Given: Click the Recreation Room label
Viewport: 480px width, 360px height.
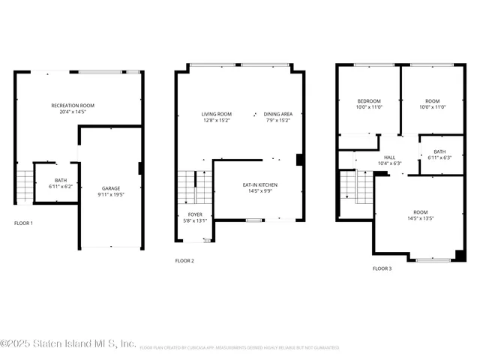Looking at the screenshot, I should (73, 105).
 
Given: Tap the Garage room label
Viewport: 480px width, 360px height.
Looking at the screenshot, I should (111, 188).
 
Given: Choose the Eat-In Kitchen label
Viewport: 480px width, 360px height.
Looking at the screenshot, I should (259, 184).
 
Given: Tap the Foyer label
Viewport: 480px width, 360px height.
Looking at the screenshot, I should (194, 214).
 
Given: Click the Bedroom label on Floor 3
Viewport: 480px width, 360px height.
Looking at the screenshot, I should (369, 101).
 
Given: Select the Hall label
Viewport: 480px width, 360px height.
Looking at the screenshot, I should (391, 157).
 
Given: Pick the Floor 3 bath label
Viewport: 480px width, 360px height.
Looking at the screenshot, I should (439, 151).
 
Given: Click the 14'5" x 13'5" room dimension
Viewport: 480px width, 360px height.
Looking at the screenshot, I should (420, 219).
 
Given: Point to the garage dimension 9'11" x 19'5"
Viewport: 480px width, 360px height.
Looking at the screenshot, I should (111, 194).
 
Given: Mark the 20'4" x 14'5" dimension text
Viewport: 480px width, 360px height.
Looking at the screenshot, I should (73, 112).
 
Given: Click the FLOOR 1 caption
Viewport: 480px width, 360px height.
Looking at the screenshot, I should (23, 223).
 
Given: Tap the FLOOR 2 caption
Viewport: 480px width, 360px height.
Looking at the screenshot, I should (184, 261).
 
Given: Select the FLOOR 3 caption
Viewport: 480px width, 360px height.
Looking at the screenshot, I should (382, 268).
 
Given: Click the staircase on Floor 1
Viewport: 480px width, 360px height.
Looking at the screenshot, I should (24, 185).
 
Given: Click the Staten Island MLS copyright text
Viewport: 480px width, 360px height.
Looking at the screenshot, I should (67, 343).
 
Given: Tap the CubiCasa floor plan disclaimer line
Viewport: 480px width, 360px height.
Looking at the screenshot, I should (238, 348).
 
